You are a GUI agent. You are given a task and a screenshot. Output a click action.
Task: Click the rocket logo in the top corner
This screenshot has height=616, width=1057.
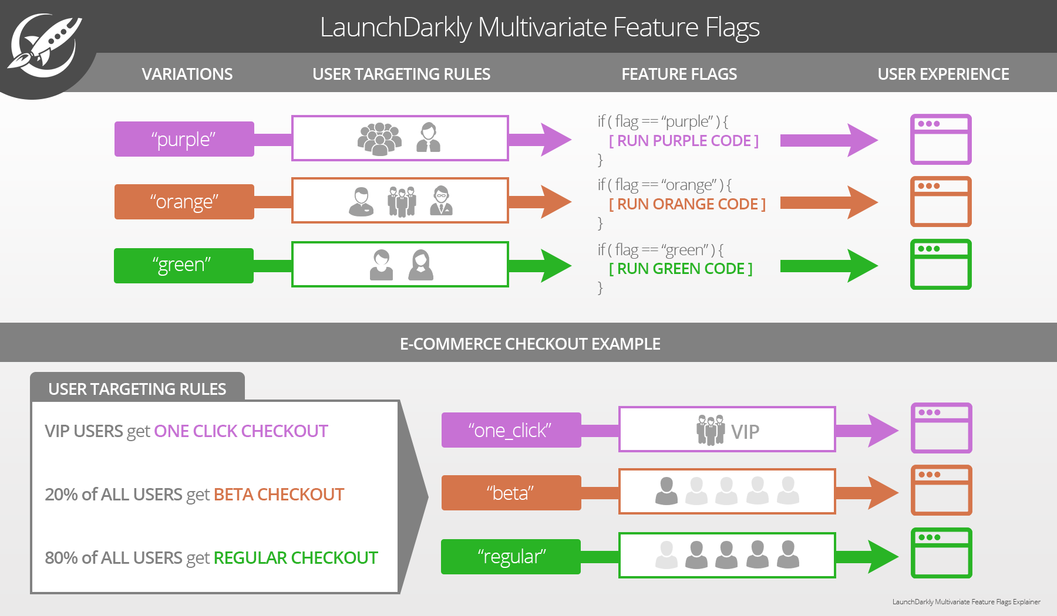click(44, 46)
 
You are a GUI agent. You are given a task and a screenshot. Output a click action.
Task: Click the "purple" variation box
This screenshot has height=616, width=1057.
click(184, 139)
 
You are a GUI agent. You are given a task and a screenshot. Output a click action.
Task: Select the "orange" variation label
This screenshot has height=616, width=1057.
click(184, 202)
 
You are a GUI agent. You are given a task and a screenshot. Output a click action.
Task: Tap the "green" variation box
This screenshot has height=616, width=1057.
click(183, 265)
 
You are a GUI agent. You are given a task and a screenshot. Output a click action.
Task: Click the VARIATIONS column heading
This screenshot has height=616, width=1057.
click(187, 74)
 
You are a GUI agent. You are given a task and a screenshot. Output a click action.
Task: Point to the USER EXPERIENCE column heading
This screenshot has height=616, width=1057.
click(943, 74)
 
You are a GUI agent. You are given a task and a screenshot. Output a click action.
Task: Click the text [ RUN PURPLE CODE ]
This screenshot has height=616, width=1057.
click(684, 141)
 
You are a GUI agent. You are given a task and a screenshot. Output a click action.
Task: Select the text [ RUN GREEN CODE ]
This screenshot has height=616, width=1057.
click(681, 269)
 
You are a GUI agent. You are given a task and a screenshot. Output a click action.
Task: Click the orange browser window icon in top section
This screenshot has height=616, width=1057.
click(941, 202)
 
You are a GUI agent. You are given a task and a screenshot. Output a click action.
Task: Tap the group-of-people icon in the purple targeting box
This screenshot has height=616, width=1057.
click(379, 139)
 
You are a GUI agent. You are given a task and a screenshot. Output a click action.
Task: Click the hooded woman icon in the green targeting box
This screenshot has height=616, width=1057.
click(420, 265)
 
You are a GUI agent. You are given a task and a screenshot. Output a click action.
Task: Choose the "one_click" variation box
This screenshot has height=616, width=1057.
click(511, 430)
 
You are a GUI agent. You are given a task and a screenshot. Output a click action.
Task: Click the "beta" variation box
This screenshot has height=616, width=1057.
click(511, 493)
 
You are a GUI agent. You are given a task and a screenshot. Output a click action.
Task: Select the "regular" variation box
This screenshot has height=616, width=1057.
click(511, 556)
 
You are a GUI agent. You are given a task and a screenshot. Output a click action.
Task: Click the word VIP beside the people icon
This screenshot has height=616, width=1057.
click(745, 432)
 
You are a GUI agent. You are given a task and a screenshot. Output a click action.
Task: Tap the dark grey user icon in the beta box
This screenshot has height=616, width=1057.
click(666, 491)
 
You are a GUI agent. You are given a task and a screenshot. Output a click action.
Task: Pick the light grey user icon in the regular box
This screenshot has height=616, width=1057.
click(666, 555)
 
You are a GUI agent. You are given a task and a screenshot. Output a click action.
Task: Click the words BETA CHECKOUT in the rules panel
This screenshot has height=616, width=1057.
click(278, 495)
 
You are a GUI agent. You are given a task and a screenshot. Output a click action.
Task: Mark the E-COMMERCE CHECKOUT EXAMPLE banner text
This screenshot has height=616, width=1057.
click(530, 344)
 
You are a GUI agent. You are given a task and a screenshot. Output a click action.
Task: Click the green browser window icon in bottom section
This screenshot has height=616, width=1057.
click(941, 553)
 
